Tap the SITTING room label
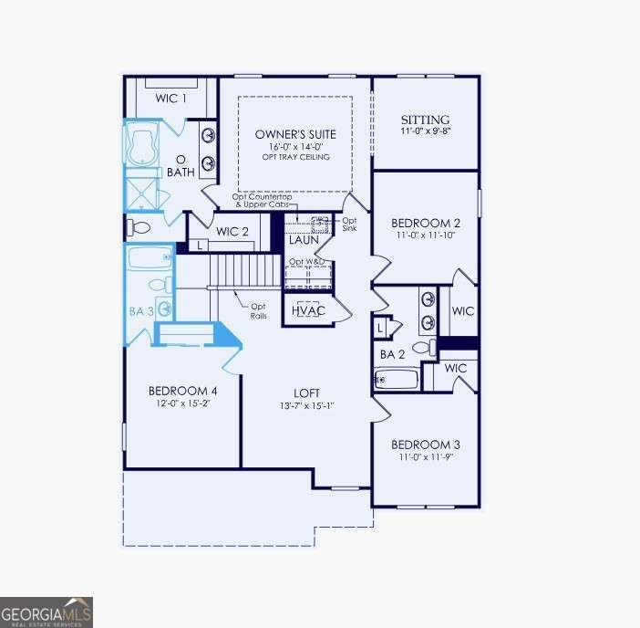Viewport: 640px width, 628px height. [x=426, y=120]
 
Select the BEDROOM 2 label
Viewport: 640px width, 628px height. [x=425, y=223]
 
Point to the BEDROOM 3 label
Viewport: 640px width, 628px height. [x=425, y=445]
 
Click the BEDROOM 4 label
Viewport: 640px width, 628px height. [x=182, y=391]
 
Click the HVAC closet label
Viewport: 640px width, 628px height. [x=307, y=310]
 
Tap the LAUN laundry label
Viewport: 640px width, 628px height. [x=304, y=240]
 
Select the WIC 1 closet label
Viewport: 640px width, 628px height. [x=170, y=99]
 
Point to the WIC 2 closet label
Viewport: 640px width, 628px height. [x=232, y=232]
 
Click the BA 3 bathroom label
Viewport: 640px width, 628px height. [x=140, y=311]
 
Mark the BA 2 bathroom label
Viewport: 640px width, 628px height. [x=392, y=354]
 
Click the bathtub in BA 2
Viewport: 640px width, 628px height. [x=396, y=379]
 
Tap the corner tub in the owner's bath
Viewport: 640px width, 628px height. [x=142, y=146]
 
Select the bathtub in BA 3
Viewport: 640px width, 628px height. [x=150, y=257]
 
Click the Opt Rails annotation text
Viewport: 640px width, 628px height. [x=259, y=311]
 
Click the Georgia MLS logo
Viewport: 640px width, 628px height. [x=46, y=612]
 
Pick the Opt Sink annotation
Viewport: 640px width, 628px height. [x=349, y=224]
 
